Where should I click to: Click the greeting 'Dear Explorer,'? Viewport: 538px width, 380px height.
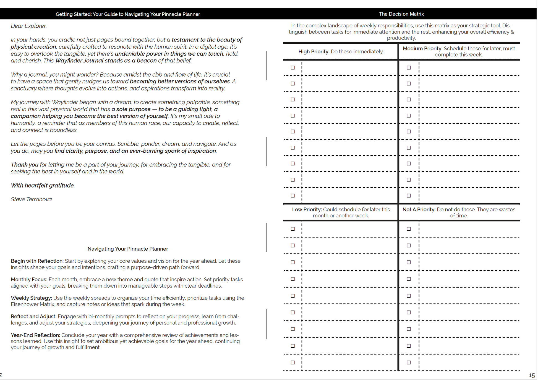click(x=29, y=26)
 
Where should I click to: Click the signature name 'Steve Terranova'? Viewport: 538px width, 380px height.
click(x=31, y=199)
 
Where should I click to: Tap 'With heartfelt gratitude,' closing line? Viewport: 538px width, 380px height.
click(x=43, y=186)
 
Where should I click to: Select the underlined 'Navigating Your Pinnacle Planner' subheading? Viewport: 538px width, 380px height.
click(x=128, y=249)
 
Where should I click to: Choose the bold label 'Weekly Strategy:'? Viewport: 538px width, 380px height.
click(x=31, y=298)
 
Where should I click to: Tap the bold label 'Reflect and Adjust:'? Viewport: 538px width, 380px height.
click(x=33, y=316)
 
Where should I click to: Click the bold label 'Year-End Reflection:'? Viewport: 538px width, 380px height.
click(x=35, y=335)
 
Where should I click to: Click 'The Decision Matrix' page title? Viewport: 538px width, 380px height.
click(x=401, y=14)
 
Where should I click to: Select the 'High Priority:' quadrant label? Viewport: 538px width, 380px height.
click(x=314, y=52)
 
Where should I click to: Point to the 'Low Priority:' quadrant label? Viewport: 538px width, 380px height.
click(x=307, y=210)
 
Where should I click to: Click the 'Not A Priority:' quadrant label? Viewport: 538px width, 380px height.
click(x=419, y=210)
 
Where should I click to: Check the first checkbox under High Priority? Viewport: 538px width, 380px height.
click(x=293, y=68)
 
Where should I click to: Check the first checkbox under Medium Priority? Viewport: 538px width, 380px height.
click(x=409, y=68)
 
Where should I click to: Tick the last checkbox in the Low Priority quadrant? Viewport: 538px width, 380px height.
click(x=293, y=363)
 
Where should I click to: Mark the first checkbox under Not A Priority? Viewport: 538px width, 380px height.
click(x=409, y=229)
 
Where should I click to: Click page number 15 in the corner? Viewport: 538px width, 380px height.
click(x=532, y=376)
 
